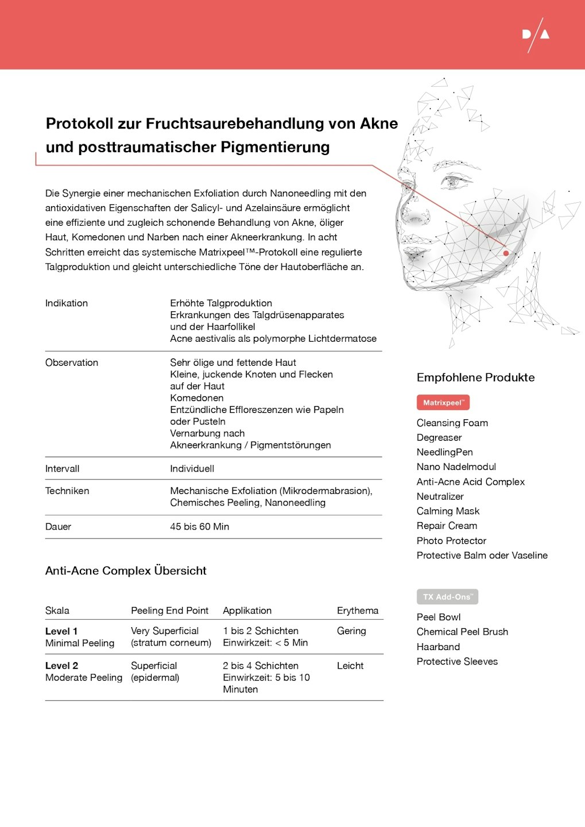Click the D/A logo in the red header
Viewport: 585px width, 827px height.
(x=536, y=35)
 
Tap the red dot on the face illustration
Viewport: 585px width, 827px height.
(x=506, y=253)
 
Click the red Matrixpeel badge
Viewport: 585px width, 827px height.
(x=443, y=403)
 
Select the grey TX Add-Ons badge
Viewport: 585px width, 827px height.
(x=447, y=597)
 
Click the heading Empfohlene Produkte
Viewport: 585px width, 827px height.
(x=475, y=377)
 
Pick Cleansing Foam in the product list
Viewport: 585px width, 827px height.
(x=452, y=423)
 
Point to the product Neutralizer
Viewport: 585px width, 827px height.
(x=440, y=496)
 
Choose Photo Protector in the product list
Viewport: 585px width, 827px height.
(x=451, y=540)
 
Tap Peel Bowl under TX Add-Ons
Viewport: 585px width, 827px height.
(x=438, y=617)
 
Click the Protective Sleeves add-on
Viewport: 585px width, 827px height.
(x=457, y=661)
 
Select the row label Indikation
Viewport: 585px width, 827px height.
(x=67, y=303)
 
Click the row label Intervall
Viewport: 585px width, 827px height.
(x=63, y=469)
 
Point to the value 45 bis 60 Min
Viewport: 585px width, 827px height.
(x=199, y=527)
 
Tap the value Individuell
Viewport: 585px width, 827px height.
(x=192, y=469)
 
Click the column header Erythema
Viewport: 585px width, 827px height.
(x=357, y=610)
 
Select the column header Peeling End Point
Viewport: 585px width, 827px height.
(x=169, y=610)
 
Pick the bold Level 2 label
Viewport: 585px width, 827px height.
(x=61, y=666)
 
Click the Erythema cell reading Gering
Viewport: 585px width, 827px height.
(x=351, y=631)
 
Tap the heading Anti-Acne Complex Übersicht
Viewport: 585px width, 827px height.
(x=126, y=571)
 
